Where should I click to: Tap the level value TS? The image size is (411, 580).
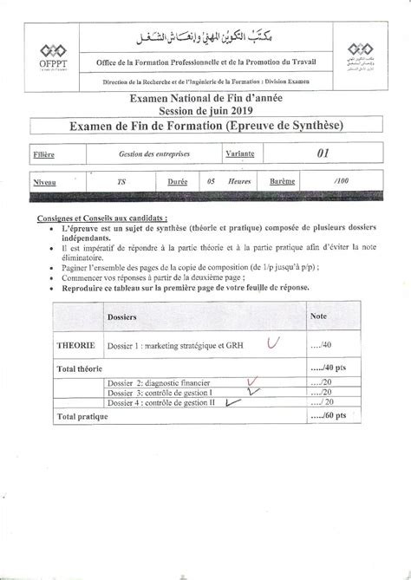[120, 183]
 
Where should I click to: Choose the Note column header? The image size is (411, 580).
[318, 316]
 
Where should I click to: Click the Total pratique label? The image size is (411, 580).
[83, 417]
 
